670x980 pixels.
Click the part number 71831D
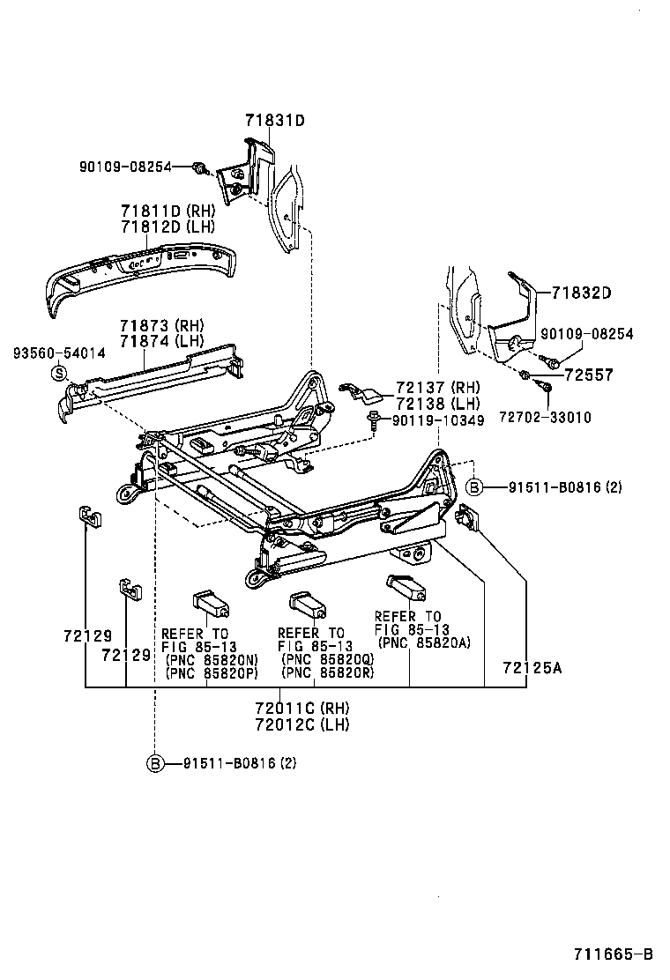pyautogui.click(x=274, y=121)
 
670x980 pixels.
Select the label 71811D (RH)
pyautogui.click(x=167, y=211)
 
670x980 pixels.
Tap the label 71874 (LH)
pyautogui.click(x=161, y=340)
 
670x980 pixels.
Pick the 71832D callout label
pyautogui.click(x=581, y=293)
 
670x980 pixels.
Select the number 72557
pyautogui.click(x=588, y=375)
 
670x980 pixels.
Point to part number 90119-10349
pyautogui.click(x=438, y=421)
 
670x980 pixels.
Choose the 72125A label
pyautogui.click(x=532, y=667)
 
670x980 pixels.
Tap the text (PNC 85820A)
pyautogui.click(x=423, y=642)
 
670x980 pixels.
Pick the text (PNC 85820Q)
pyautogui.click(x=327, y=659)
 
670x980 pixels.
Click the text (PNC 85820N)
pyautogui.click(x=212, y=659)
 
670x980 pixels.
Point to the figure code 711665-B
pyautogui.click(x=614, y=954)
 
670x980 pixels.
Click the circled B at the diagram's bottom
pyautogui.click(x=155, y=763)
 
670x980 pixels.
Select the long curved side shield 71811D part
pyautogui.click(x=141, y=273)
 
